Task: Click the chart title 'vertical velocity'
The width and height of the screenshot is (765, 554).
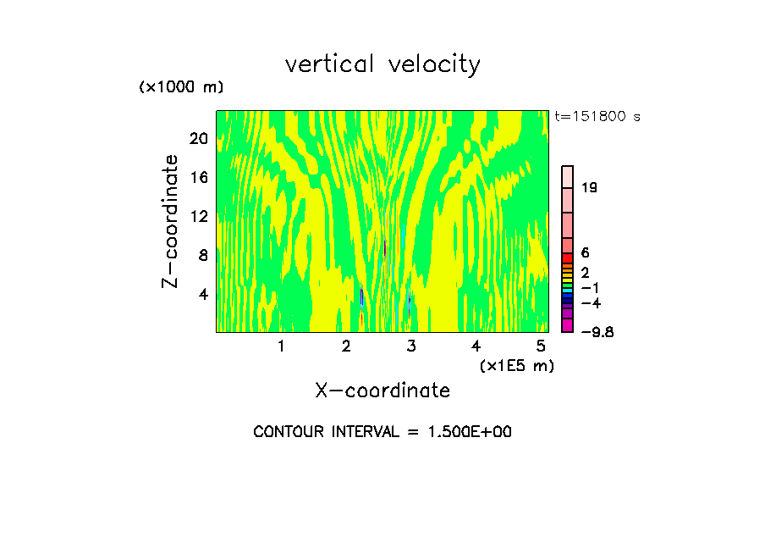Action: point(382,64)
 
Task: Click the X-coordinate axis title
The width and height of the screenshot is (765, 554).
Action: point(382,391)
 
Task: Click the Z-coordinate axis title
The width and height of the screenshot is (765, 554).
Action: point(171,221)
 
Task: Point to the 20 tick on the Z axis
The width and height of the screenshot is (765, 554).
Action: point(197,138)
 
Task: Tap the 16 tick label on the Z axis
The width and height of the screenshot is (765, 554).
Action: point(197,177)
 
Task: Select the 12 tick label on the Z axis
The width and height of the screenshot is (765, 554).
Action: point(197,216)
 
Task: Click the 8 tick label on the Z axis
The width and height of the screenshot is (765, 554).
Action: point(202,255)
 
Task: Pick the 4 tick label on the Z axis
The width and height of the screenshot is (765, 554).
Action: point(202,294)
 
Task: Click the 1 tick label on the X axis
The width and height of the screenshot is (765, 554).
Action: point(281,346)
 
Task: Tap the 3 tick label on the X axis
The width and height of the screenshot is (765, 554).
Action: point(410,346)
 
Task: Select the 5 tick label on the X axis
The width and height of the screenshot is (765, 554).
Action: point(541,346)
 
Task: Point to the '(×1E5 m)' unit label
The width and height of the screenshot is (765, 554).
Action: point(516,366)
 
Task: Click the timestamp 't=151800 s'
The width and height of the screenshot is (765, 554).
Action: point(597,116)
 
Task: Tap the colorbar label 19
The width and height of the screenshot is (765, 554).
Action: point(590,187)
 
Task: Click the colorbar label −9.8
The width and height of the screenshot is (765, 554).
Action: point(597,332)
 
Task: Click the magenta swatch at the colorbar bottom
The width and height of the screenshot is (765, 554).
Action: point(568,326)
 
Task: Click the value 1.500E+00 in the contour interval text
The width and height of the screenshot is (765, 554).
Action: point(469,432)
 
